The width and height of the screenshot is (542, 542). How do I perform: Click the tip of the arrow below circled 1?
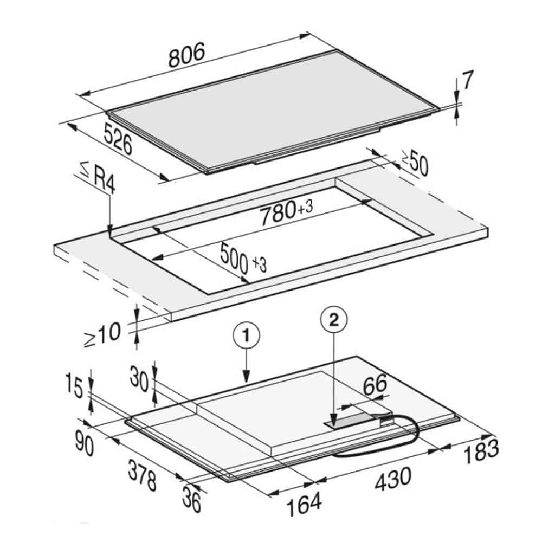(x=246, y=382)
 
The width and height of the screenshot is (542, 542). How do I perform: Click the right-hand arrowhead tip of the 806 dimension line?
(x=309, y=34)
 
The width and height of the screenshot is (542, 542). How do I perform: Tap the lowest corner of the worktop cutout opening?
(x=209, y=294)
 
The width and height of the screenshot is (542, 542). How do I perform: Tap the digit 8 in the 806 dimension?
(x=175, y=59)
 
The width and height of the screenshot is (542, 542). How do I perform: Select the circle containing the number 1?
(x=246, y=335)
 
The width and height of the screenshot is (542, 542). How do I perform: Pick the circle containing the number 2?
(x=334, y=320)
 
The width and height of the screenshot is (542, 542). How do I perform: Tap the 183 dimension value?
(x=481, y=451)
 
